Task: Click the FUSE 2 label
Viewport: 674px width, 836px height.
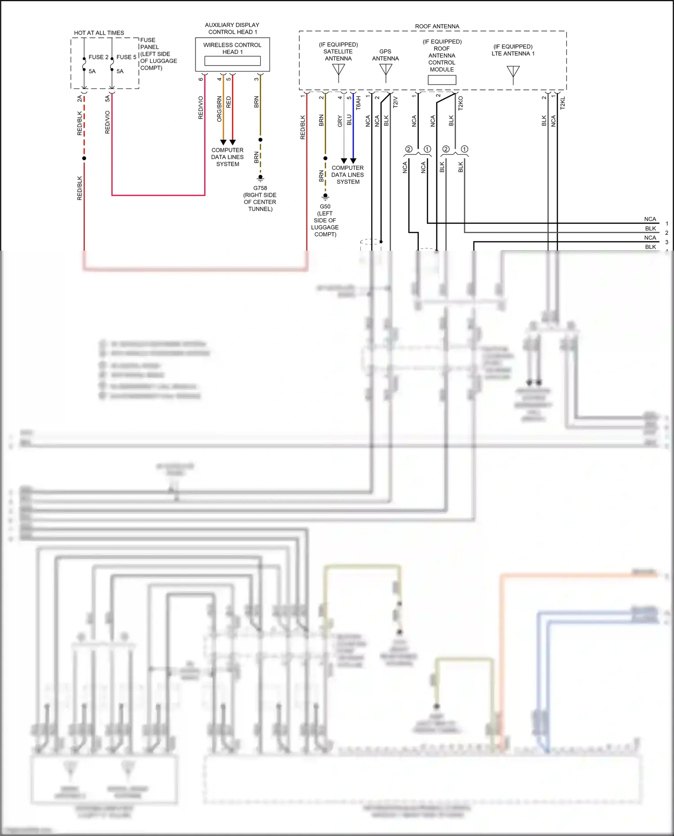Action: point(98,57)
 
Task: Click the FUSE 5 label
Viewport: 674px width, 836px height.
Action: point(126,57)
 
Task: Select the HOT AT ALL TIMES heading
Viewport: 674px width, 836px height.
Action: point(99,33)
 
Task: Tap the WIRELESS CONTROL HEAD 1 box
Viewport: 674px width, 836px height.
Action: point(232,54)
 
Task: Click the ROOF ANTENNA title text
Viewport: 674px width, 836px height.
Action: point(437,27)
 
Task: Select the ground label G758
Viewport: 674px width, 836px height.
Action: point(260,188)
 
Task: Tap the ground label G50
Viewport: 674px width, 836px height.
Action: point(325,207)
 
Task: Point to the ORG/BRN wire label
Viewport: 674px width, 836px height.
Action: point(219,109)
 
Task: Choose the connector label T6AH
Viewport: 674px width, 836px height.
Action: point(358,103)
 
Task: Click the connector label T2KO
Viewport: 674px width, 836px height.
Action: point(461,103)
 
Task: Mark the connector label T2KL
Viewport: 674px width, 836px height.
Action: point(563,103)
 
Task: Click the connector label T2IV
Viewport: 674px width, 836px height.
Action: point(395,102)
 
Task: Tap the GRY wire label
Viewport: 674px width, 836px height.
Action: point(340,121)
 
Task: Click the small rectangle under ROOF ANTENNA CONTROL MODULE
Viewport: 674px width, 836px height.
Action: point(442,80)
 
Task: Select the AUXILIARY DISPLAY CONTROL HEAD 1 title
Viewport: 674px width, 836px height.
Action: point(232,28)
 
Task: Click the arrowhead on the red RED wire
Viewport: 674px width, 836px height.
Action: point(232,142)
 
